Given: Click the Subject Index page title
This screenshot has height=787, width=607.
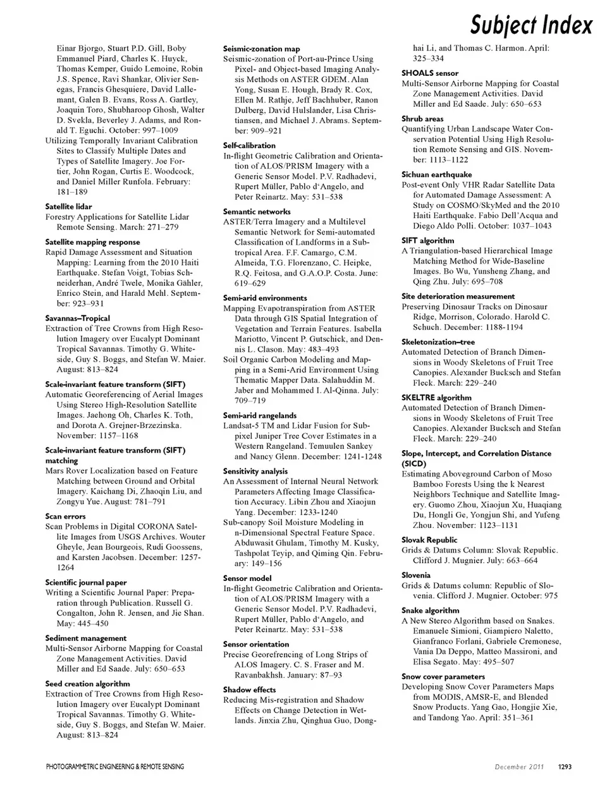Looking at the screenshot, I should (x=531, y=25).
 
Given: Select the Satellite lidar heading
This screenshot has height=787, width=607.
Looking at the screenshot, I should (x=68, y=207).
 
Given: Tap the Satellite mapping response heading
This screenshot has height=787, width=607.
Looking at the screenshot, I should (x=92, y=242).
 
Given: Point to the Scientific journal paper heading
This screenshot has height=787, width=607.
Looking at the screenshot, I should (x=86, y=583).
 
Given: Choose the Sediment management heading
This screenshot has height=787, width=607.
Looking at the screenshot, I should (x=86, y=638).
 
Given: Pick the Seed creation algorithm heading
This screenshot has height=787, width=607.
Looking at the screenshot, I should (x=87, y=684).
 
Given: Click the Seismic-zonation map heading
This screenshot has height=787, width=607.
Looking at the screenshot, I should (x=262, y=49).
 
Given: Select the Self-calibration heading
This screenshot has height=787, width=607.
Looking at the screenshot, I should (x=249, y=145).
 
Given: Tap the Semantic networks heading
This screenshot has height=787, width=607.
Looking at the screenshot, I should (x=257, y=212).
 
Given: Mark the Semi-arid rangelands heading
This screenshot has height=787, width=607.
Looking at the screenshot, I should (x=260, y=415).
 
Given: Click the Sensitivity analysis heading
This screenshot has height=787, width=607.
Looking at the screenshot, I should (x=255, y=472).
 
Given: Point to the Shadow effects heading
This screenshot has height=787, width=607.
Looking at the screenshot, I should (x=250, y=690).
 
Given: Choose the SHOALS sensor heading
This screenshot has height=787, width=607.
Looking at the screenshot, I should (x=430, y=73).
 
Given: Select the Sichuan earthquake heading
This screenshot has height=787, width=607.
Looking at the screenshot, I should (x=436, y=174).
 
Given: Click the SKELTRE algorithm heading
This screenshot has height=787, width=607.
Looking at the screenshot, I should (x=436, y=398).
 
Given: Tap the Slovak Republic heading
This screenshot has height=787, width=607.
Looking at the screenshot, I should (x=429, y=540).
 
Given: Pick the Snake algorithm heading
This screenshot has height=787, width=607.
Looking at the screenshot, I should (x=431, y=611).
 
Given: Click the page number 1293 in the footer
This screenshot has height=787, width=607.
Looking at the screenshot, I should (x=565, y=767).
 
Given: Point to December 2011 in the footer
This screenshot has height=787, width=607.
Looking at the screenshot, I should (x=520, y=767).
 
